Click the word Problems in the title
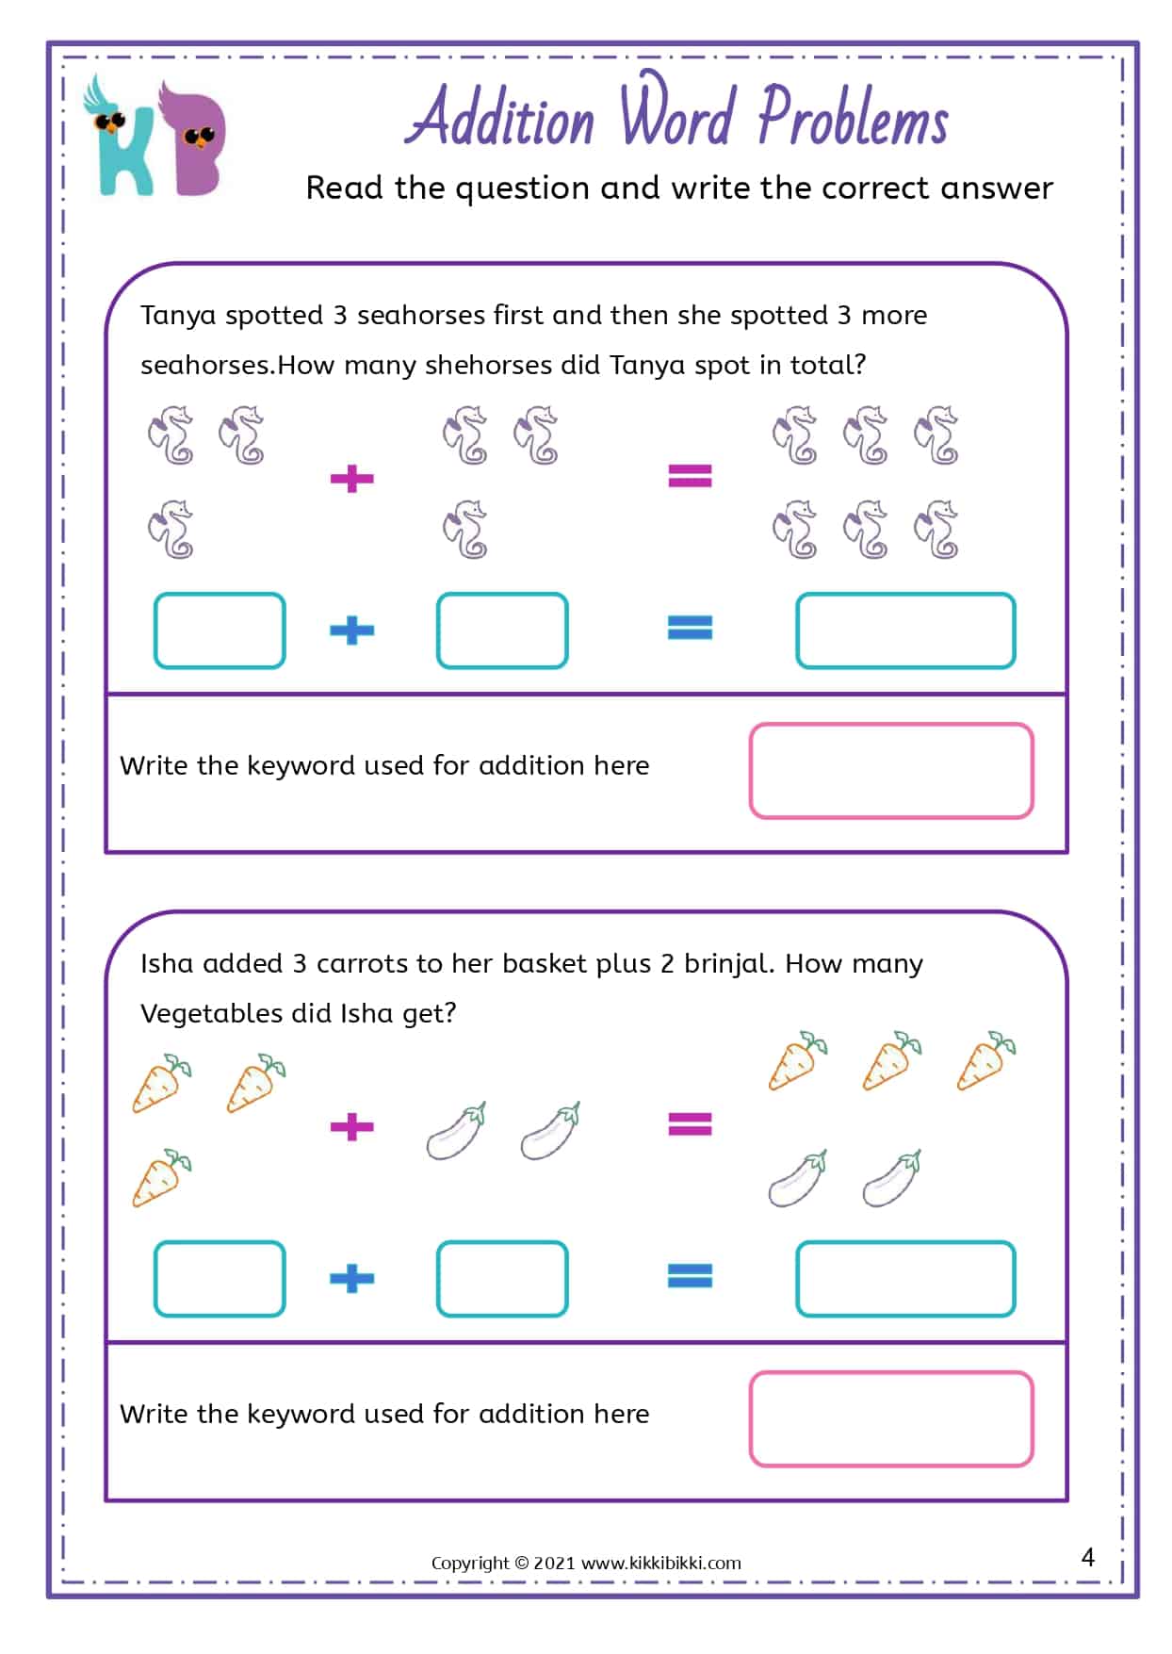click(853, 119)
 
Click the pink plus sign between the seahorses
click(352, 478)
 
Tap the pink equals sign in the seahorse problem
click(690, 475)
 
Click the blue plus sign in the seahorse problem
click(352, 630)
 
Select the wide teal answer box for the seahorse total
click(904, 630)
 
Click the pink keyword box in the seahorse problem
click(890, 770)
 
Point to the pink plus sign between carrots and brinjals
click(352, 1126)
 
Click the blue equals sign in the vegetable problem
click(690, 1276)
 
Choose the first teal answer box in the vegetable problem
click(220, 1279)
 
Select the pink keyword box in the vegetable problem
click(890, 1418)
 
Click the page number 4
click(1088, 1557)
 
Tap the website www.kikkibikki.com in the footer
click(660, 1563)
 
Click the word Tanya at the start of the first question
click(178, 315)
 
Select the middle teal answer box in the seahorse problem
click(502, 630)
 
